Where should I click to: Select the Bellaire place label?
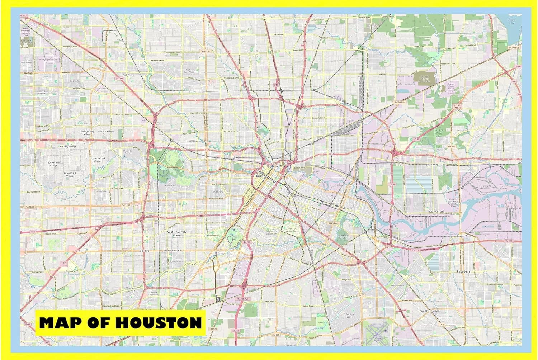144,251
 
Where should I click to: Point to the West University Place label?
176,233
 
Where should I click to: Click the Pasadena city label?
463,271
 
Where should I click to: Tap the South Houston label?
430,311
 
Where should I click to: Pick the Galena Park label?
436,212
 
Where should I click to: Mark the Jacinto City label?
432,164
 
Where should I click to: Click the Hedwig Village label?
68,147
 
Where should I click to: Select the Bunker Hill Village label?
53,164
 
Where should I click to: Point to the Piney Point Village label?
70,175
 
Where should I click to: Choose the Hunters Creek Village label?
98,160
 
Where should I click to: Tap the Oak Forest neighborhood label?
128,75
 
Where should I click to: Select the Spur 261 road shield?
205,51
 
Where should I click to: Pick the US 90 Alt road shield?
333,223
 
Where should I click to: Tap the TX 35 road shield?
361,295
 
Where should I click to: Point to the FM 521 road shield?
213,329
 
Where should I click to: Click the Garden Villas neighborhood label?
349,316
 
